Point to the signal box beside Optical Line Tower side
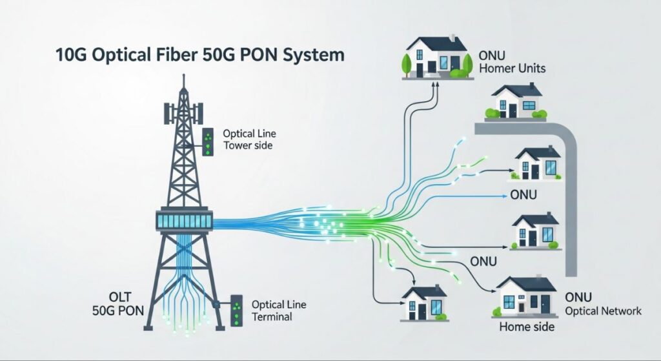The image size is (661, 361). [x=208, y=143]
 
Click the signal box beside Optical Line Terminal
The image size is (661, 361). [x=237, y=311]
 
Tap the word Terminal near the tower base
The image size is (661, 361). [x=272, y=316]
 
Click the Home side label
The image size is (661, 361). [x=526, y=327]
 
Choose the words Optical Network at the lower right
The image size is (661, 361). [x=603, y=311]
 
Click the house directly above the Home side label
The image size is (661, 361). [x=527, y=295]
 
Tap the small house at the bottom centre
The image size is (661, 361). [x=424, y=302]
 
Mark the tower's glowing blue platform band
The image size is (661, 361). [x=185, y=220]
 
